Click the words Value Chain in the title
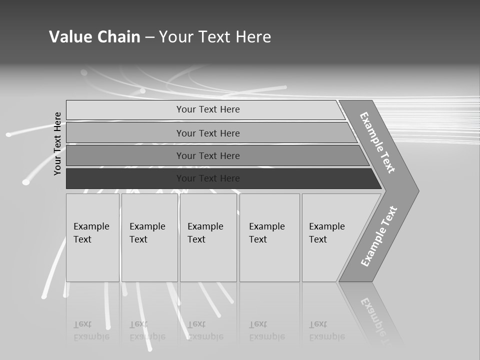pos(94,36)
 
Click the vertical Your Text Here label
pos(57,143)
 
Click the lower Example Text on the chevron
pos(379,236)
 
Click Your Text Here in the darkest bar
pos(208,178)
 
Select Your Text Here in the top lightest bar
pos(208,109)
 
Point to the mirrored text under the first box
pos(91,330)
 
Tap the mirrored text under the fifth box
pos(326,330)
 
